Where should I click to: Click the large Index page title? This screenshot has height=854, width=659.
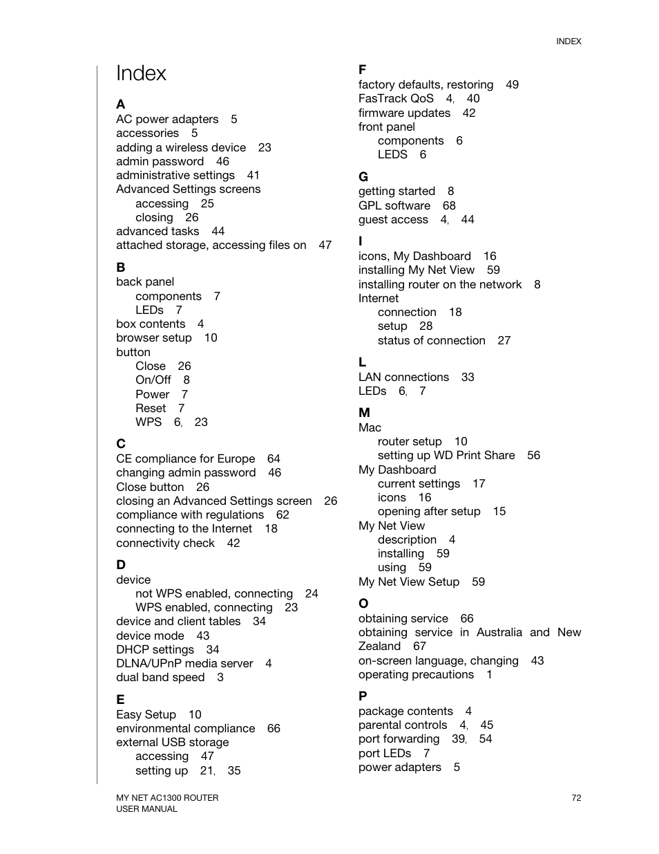[x=141, y=73]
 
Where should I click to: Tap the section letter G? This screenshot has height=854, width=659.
[x=363, y=176]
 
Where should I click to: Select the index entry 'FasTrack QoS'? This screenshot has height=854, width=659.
[x=396, y=98]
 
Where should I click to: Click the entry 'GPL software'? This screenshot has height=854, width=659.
[x=394, y=205]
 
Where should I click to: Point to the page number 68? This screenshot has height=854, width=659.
[x=449, y=205]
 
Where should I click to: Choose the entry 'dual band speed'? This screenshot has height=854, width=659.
[x=160, y=677]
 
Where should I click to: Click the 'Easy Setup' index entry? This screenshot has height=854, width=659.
[x=146, y=714]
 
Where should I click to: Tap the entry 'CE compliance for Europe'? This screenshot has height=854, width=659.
[x=185, y=458]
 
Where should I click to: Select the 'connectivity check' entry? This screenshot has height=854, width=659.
[x=165, y=543]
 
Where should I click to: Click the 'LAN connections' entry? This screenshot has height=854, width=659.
[x=403, y=377]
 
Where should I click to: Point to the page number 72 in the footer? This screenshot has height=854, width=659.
[x=576, y=797]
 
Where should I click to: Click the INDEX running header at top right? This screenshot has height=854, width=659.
[x=569, y=41]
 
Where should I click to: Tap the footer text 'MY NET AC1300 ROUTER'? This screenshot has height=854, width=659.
[x=167, y=797]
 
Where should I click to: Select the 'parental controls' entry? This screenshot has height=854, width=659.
[x=403, y=725]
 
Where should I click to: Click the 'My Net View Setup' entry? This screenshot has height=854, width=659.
[x=408, y=582]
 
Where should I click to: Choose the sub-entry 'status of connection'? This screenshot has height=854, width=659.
[x=431, y=340]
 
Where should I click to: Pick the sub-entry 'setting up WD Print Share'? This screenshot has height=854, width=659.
[x=446, y=455]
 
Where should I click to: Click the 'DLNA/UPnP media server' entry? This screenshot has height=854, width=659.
[x=184, y=663]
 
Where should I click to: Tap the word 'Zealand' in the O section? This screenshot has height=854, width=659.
[x=379, y=646]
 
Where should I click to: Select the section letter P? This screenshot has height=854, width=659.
[x=363, y=696]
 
